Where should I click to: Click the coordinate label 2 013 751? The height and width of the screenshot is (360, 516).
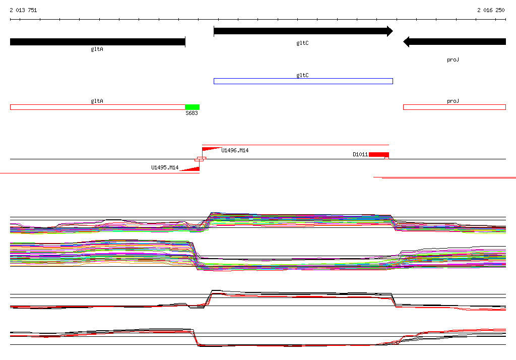[x=23, y=10]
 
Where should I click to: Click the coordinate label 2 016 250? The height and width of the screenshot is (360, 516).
[x=491, y=10]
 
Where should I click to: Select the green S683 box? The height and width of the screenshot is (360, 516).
[x=192, y=107]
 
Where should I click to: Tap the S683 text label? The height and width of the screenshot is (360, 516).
[x=191, y=113]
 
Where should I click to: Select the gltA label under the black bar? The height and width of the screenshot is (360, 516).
[x=97, y=49]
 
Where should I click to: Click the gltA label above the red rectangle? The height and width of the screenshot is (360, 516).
[x=97, y=101]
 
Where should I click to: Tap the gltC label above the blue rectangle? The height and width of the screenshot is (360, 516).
[x=302, y=75]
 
